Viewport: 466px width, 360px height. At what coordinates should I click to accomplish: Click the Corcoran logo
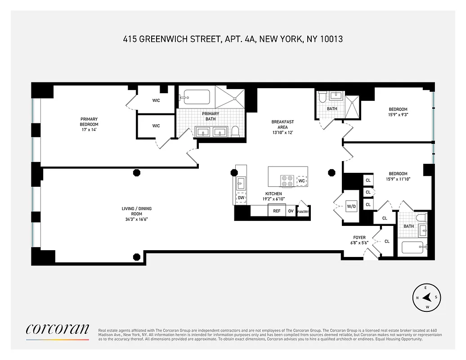tap(57, 329)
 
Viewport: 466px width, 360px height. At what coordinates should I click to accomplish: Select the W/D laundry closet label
tap(351, 207)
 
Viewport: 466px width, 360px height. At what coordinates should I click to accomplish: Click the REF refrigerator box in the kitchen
tap(277, 211)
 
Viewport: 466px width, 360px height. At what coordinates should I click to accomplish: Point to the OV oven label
tap(291, 211)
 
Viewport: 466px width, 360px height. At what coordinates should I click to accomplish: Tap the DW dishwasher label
tap(241, 198)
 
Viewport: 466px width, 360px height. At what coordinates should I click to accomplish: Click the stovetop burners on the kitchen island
tap(287, 181)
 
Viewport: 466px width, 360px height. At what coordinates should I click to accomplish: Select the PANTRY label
tap(303, 211)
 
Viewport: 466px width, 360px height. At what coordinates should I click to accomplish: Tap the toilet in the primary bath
tap(235, 132)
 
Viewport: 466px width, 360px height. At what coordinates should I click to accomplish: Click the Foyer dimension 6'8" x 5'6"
tap(359, 243)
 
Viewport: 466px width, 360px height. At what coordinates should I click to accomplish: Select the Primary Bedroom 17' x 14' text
tap(89, 124)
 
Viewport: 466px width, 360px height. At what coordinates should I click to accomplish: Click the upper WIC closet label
tap(156, 100)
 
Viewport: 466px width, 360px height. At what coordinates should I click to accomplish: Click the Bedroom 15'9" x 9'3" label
tap(398, 112)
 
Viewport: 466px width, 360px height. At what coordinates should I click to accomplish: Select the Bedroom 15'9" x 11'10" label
tap(398, 176)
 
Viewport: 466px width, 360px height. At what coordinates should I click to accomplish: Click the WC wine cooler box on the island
tap(302, 181)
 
